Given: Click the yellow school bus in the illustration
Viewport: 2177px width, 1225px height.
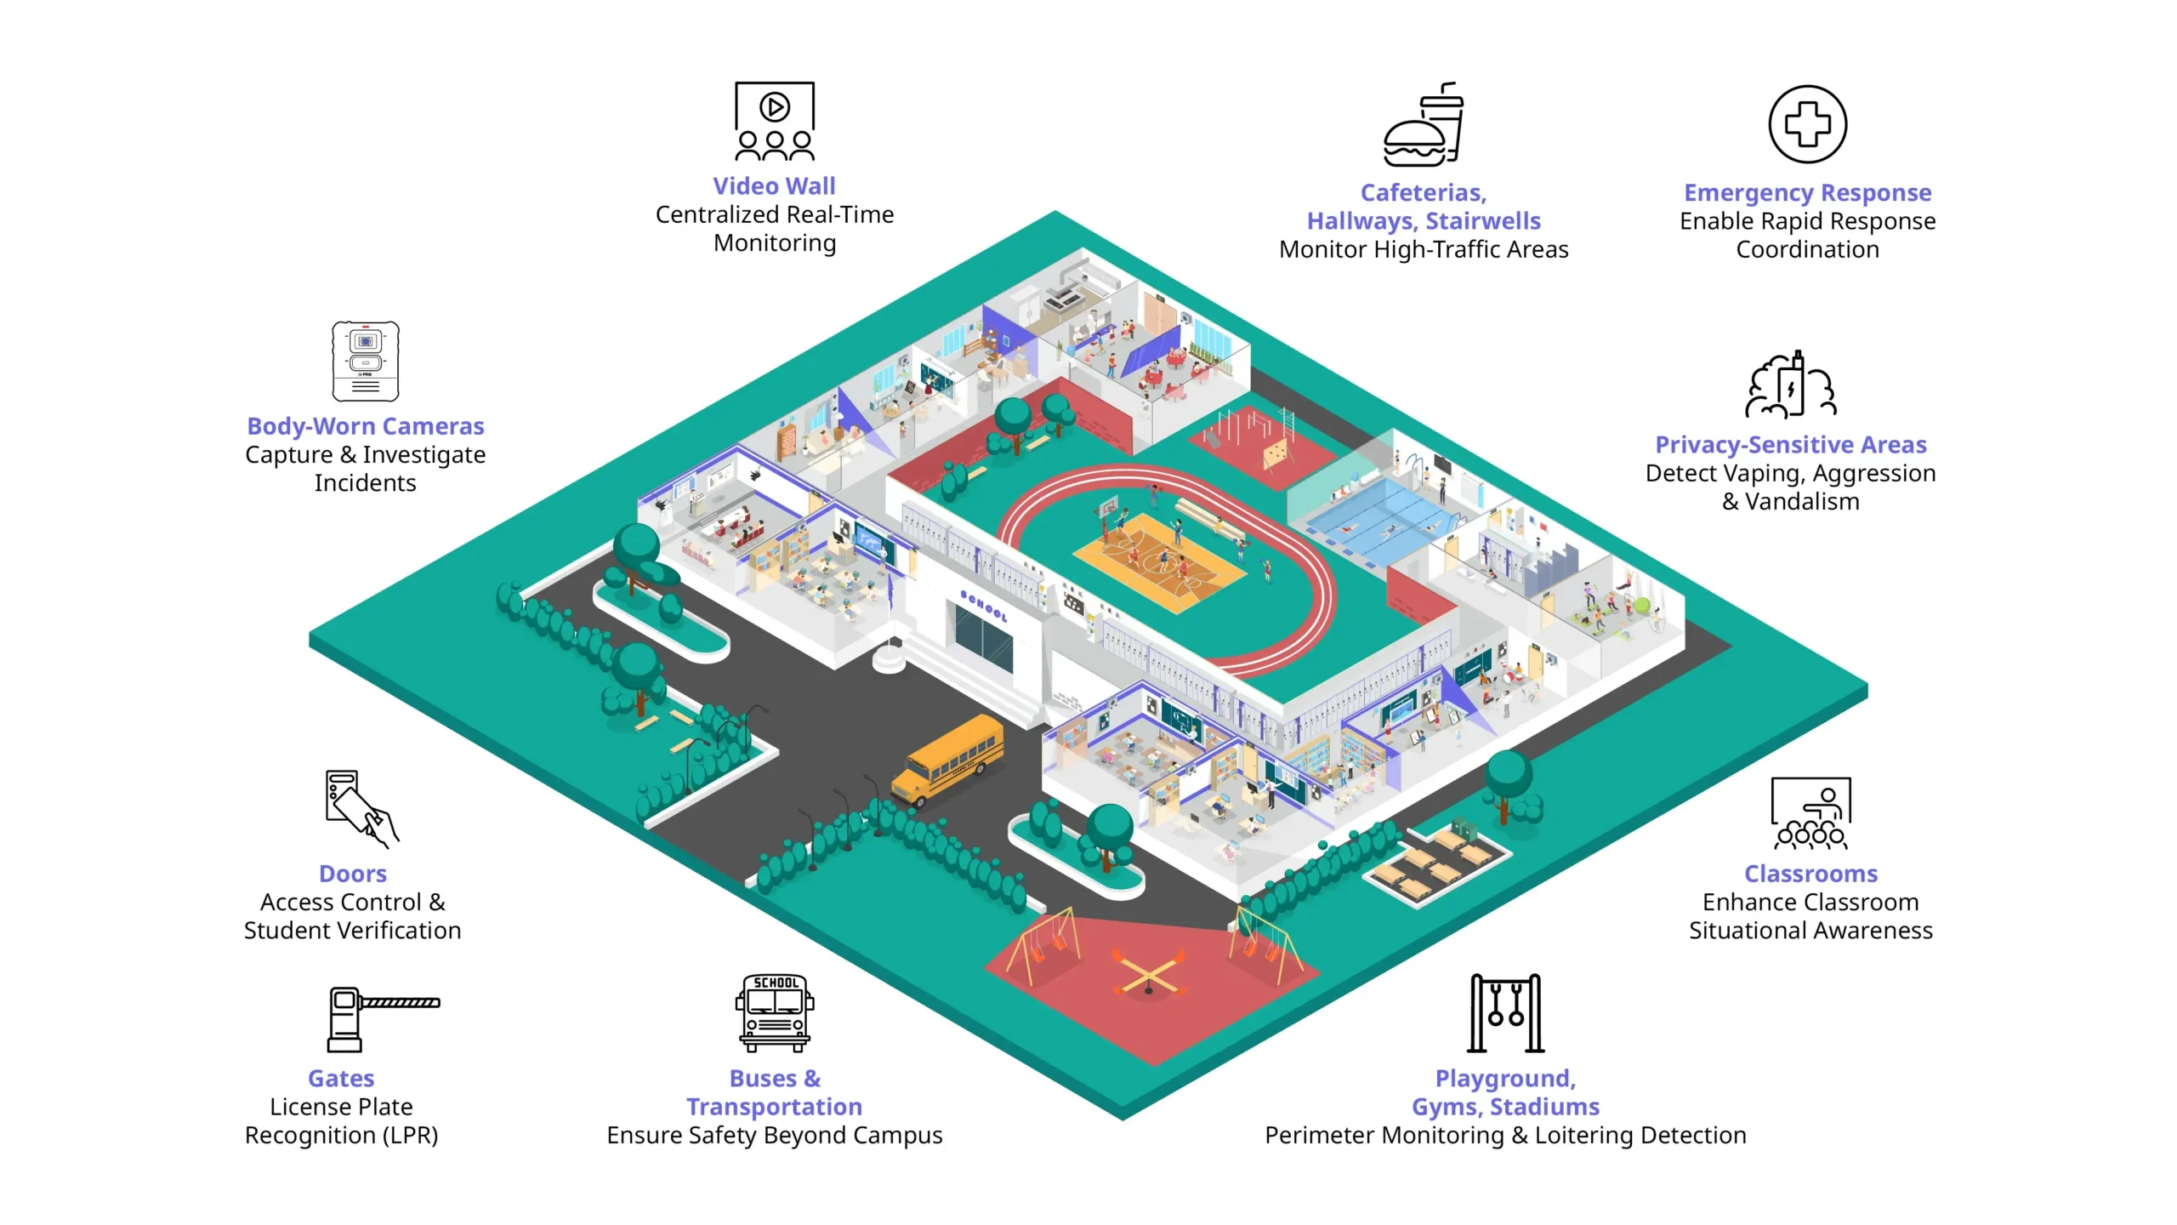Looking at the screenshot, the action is click(x=947, y=760).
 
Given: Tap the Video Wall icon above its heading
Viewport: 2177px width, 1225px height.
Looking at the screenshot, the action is click(x=775, y=121).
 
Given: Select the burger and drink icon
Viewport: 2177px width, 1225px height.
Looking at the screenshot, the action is click(x=1424, y=124).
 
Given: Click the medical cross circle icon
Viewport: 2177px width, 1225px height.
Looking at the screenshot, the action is click(x=1807, y=124).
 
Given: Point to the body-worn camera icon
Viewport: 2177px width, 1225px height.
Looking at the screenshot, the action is click(x=366, y=361).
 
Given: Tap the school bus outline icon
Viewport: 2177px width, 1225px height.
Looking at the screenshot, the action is click(x=775, y=1013).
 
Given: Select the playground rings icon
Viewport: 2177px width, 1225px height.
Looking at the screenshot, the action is click(x=1505, y=1013).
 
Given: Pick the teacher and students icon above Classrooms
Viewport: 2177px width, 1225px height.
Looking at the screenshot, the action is click(x=1810, y=813).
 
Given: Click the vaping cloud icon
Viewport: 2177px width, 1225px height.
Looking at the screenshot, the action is click(x=1790, y=385).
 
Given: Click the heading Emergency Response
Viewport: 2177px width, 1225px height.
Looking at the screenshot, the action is click(x=1807, y=193).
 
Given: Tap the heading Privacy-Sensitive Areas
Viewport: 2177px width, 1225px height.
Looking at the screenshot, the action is click(x=1790, y=444).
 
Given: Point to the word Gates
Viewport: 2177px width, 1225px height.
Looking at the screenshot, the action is click(x=341, y=1078).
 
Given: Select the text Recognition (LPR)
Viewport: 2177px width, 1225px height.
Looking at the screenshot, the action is click(x=341, y=1135).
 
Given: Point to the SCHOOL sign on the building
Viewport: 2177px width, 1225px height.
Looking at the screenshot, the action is click(x=983, y=605).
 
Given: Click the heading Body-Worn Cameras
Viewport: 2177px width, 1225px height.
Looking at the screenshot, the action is click(x=366, y=425).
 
